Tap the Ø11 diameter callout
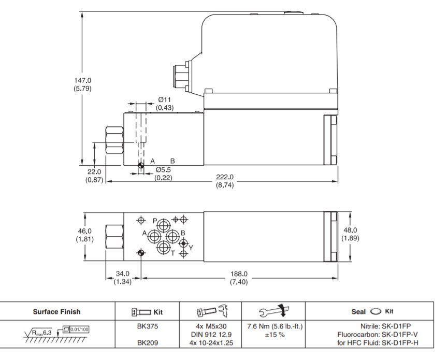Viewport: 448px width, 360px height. pyautogui.click(x=165, y=99)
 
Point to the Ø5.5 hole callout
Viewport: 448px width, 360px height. pyautogui.click(x=164, y=169)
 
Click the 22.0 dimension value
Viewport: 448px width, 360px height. pyautogui.click(x=94, y=172)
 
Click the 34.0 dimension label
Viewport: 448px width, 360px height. pyautogui.click(x=123, y=273)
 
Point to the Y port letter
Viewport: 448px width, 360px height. pyautogui.click(x=191, y=248)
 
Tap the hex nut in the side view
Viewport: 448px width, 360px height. pyautogui.click(x=113, y=139)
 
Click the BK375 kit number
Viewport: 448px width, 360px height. pyautogui.click(x=148, y=327)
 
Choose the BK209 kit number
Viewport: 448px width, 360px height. pyautogui.click(x=148, y=342)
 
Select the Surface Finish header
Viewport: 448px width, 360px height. pyautogui.click(x=57, y=312)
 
